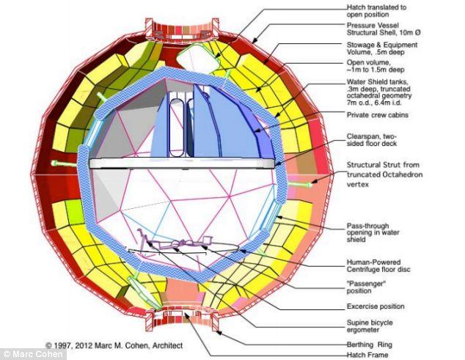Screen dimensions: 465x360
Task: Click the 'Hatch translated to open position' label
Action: pos(376,11)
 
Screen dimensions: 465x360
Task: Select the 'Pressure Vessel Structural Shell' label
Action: pos(384,29)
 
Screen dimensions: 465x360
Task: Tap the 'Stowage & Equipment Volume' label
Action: pos(382,48)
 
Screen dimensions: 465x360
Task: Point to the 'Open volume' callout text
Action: pos(376,66)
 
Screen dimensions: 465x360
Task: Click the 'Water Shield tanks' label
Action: pos(379,92)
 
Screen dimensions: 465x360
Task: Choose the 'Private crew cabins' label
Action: pos(378,115)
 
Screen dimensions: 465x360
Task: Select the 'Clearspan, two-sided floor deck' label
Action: pos(372,140)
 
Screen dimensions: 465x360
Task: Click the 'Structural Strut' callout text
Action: pos(384,175)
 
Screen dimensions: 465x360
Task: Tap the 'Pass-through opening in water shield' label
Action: pos(373,232)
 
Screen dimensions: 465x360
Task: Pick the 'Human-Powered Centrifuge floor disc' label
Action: pos(378,265)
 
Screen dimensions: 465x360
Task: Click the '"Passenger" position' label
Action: pos(366,287)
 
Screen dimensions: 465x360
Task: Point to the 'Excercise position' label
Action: pos(376,306)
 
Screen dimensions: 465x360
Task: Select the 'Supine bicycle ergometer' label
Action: pos(370,326)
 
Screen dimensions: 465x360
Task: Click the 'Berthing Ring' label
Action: pos(370,345)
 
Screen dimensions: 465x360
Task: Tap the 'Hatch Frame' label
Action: pos(367,355)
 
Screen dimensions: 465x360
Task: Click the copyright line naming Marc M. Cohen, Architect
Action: pos(114,345)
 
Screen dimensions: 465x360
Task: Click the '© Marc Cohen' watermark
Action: pos(33,354)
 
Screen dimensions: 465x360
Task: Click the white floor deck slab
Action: pos(182,164)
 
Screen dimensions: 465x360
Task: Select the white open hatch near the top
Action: pos(197,59)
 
